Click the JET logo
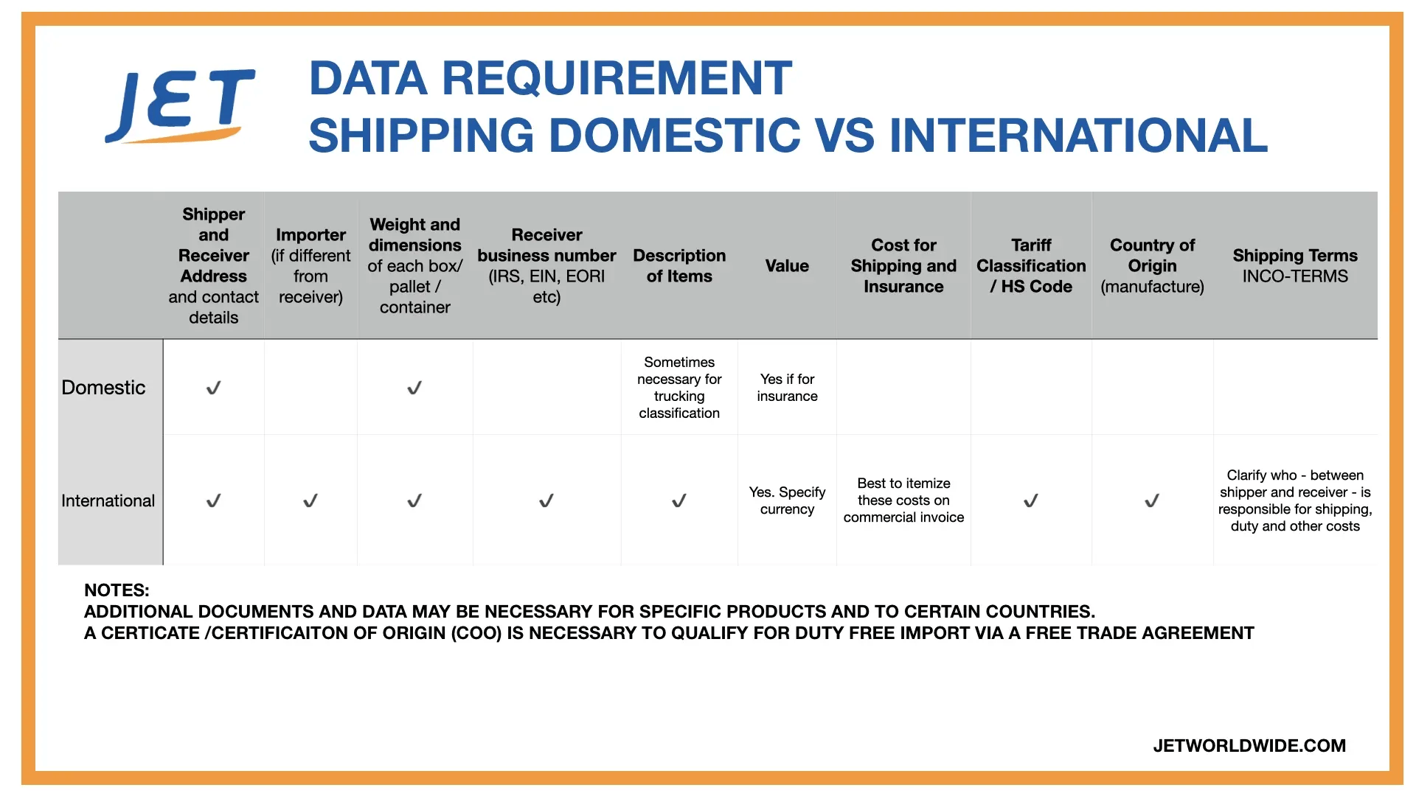181,106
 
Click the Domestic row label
103,388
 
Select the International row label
108,501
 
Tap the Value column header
787,266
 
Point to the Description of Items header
679,266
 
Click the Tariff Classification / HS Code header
1031,266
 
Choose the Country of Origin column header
1152,266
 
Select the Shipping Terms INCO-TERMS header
1295,266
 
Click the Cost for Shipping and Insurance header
903,266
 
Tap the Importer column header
310,266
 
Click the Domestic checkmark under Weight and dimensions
414,388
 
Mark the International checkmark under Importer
310,501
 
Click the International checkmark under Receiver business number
546,501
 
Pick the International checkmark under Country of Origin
1152,501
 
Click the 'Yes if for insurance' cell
787,388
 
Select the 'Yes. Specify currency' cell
787,501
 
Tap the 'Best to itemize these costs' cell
903,501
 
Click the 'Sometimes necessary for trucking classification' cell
679,388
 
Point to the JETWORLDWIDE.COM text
1249,746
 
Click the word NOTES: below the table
117,590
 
